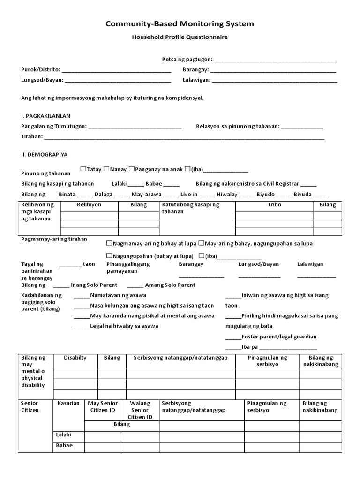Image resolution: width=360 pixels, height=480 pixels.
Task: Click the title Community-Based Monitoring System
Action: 180,24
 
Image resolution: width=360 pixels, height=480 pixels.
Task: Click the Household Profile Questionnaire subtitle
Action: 180,37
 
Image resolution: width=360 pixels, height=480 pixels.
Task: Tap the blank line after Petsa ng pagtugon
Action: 275,60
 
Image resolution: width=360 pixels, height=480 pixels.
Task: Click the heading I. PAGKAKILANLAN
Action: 46,116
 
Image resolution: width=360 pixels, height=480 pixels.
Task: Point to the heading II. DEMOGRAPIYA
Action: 45,154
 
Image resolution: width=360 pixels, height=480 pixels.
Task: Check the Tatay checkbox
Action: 83,169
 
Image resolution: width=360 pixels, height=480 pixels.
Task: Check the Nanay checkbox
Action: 106,169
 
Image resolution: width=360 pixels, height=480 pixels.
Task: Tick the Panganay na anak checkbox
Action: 132,169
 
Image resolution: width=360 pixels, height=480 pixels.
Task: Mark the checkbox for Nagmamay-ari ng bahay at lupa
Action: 109,243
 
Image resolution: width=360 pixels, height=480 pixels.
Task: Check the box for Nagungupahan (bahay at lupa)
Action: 109,256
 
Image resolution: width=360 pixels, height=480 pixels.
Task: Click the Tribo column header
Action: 274,205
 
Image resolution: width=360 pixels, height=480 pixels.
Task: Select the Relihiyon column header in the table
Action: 89,205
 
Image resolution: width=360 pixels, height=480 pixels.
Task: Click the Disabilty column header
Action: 75,358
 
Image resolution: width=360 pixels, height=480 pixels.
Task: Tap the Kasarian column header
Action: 68,403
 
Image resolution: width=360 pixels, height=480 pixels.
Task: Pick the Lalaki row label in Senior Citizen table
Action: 63,435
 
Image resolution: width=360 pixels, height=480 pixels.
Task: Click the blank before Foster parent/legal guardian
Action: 233,337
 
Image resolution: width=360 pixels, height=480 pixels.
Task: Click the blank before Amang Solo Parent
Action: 135,285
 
